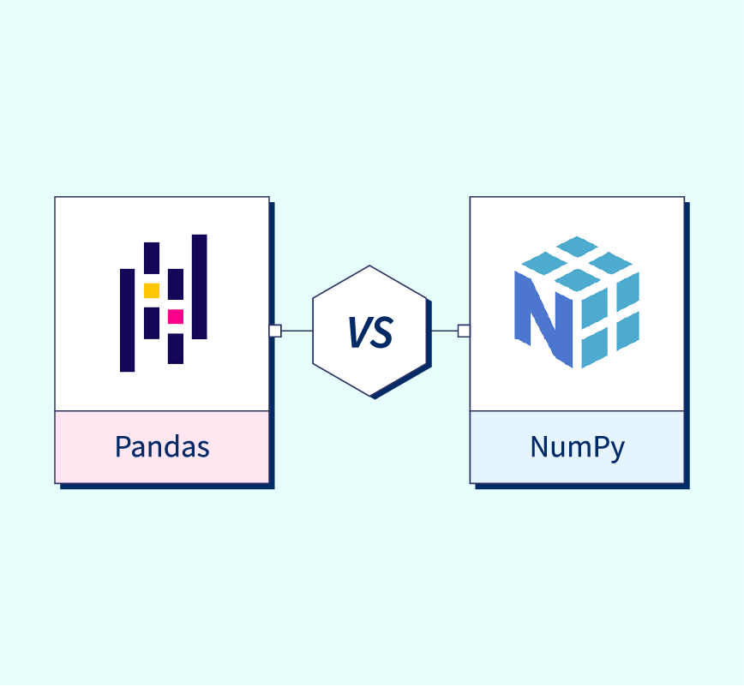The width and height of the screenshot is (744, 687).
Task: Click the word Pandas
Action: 162,446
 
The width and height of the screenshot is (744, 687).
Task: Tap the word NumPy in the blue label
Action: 578,447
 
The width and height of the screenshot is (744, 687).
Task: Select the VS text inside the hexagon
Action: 370,332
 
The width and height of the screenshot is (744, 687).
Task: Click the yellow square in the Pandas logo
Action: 152,290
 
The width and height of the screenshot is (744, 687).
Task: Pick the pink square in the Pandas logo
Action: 176,317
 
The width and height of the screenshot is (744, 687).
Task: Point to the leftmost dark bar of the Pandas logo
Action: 127,320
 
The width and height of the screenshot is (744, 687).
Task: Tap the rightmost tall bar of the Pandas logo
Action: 199,287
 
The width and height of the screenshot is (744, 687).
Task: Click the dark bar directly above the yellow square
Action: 152,258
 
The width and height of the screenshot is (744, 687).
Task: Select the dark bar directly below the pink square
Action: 176,349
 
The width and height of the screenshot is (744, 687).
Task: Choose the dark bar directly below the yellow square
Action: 152,323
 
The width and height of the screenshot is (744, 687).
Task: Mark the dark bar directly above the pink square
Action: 176,284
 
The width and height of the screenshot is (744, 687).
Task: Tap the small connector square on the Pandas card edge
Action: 275,331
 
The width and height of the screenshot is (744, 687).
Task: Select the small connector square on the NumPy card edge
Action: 464,331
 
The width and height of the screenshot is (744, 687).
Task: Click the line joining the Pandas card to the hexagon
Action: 297,331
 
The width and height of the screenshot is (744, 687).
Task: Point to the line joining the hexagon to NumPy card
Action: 445,331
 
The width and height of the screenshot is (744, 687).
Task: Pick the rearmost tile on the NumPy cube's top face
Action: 577,246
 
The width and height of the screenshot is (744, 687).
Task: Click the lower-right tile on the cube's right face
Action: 627,332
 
